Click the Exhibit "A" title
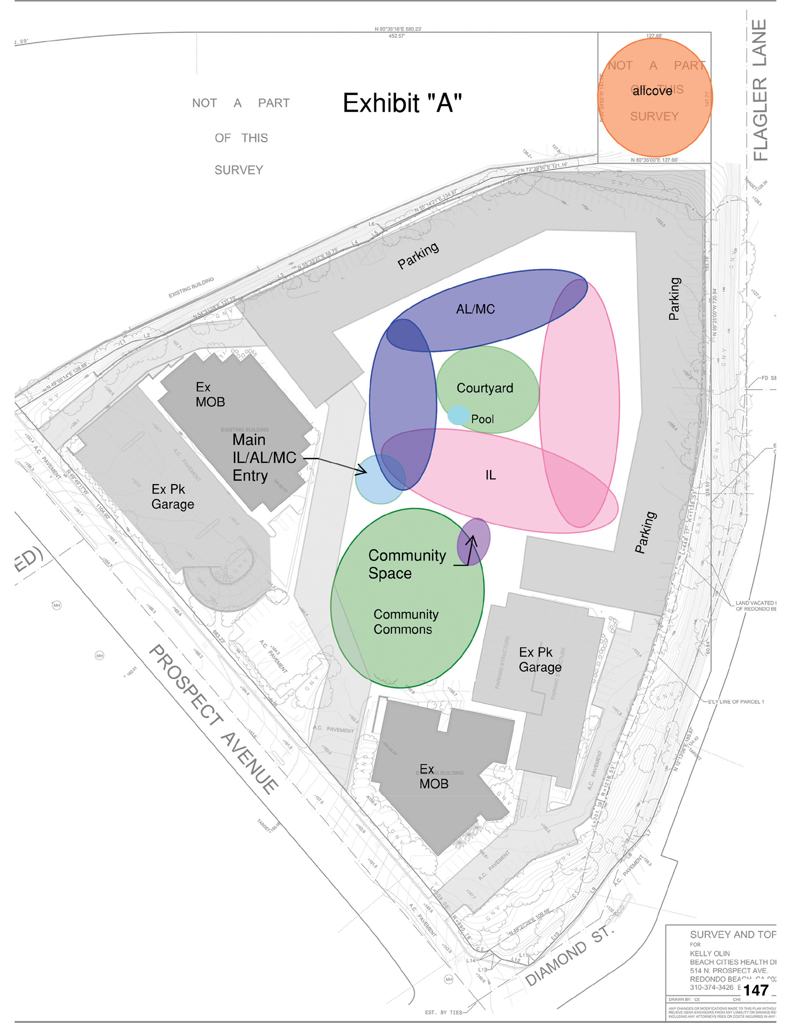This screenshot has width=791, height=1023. pos(402,103)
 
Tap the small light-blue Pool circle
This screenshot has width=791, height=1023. pos(458,415)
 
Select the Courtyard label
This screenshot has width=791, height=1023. pos(484,388)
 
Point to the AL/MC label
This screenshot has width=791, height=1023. pos(475,309)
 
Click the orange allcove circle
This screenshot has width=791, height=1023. pos(655,98)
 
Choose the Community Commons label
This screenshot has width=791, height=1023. pos(406,621)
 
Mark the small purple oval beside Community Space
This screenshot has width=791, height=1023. pos(474,541)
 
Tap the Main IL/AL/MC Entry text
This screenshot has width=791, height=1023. pos(264,458)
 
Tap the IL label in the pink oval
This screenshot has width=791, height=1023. pos(490,475)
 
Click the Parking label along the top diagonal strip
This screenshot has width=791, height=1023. pos(418,255)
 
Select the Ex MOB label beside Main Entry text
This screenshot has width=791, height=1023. pos(210,394)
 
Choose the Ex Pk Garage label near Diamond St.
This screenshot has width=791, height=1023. pos(540,659)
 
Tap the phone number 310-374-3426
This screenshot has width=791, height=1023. pos(711,987)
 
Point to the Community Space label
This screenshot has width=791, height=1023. pos(407,564)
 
